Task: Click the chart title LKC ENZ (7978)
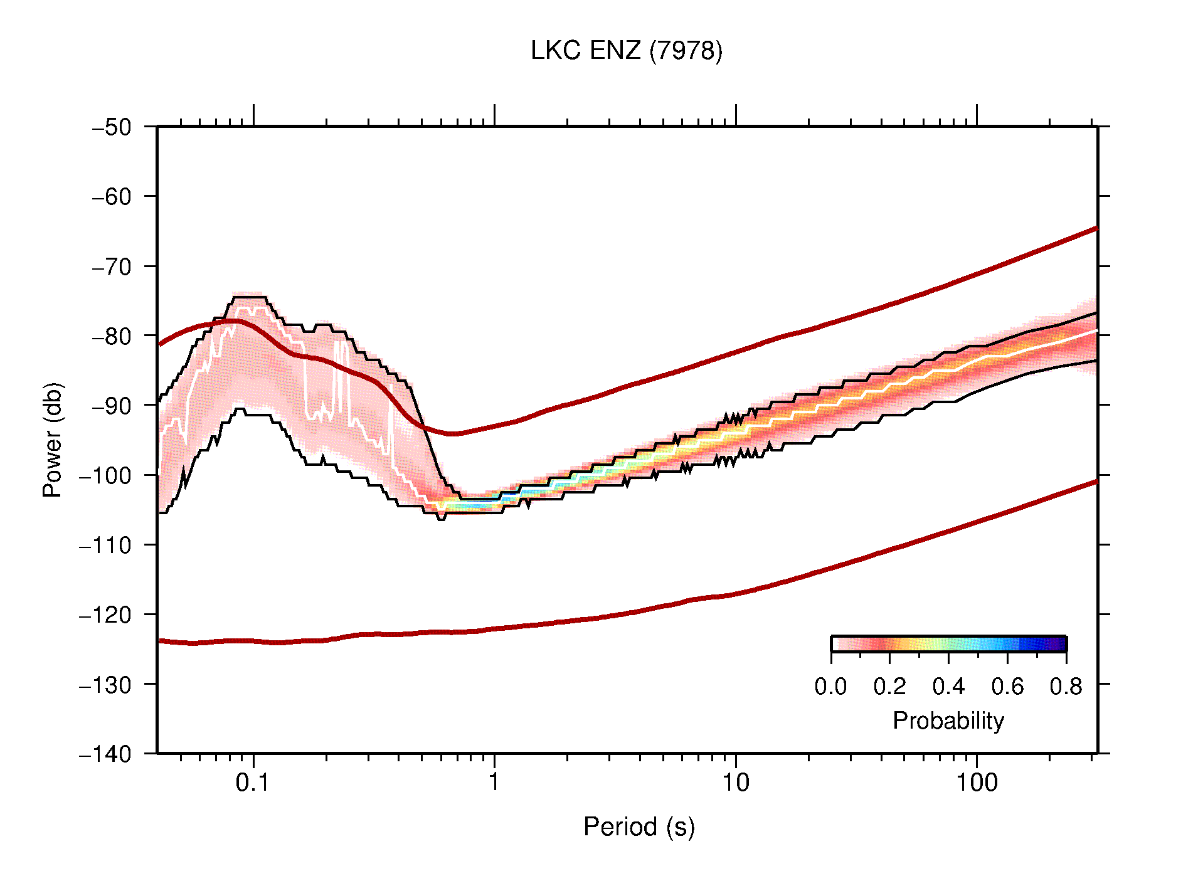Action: tap(626, 51)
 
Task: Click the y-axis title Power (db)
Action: tap(53, 440)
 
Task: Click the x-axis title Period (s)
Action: tap(639, 827)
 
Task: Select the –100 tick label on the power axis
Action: tap(105, 475)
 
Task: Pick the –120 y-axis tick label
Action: tap(105, 615)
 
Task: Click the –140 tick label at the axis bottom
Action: tap(105, 754)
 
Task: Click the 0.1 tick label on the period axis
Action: tap(252, 783)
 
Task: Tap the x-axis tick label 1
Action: tap(494, 783)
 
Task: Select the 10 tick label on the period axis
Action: tap(735, 783)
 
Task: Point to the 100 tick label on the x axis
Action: tap(976, 783)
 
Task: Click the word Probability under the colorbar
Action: tap(948, 721)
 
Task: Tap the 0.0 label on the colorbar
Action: tap(830, 687)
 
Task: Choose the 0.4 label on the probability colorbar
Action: tap(948, 687)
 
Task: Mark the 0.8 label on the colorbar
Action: tap(1066, 687)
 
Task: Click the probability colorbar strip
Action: tap(948, 644)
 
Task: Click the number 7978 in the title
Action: tap(686, 51)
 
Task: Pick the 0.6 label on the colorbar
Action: tap(1007, 687)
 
